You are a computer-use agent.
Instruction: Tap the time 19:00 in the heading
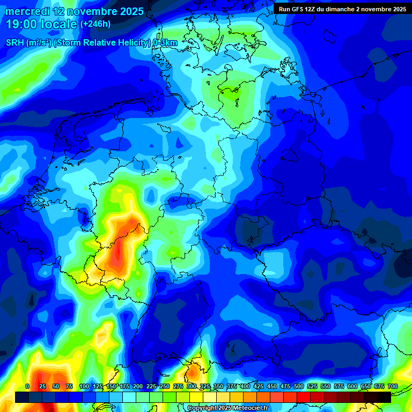pos(24,24)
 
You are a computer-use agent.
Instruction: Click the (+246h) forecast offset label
pos(95,24)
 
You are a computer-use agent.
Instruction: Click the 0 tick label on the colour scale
pos(27,386)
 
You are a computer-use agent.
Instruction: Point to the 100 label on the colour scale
pos(84,386)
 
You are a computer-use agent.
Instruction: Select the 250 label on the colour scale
pos(164,386)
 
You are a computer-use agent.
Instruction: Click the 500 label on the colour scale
pos(299,386)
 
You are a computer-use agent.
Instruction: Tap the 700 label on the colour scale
pos(393,386)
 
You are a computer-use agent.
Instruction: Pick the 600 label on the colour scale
pos(352,386)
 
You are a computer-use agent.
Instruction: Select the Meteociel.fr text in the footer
pos(255,408)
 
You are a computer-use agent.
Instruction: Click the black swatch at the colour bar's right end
pos(384,397)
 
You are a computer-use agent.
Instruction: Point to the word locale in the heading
pos(60,24)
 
